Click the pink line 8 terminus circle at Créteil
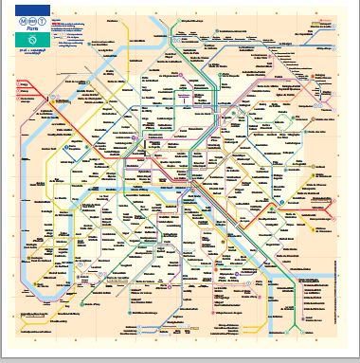pyautogui.click(x=313, y=313)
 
